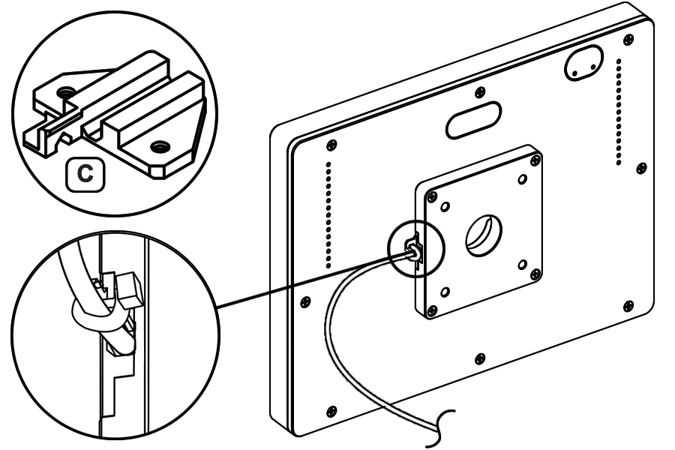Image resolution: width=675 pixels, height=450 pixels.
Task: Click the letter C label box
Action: pyautogui.click(x=86, y=172)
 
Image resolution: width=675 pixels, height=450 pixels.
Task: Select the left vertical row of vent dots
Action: pyautogui.click(x=328, y=214)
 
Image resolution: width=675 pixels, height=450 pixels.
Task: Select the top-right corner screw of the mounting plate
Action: pyautogui.click(x=534, y=159)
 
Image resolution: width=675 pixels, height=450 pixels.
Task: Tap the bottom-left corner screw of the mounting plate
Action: pyautogui.click(x=430, y=309)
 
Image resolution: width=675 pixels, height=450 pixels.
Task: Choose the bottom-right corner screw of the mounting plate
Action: pyautogui.click(x=533, y=273)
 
